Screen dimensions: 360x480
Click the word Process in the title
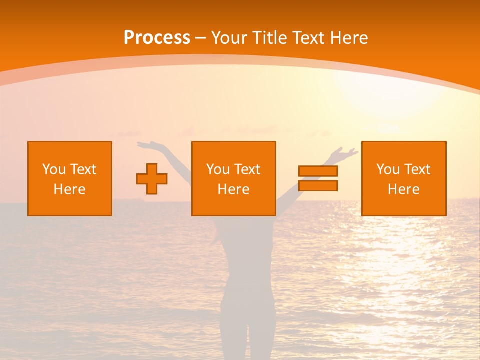(x=157, y=38)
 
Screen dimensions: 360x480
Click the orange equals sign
(x=318, y=178)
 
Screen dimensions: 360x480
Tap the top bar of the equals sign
(x=318, y=171)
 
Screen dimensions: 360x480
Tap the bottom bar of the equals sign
(x=318, y=185)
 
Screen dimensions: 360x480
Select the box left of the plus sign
(x=70, y=178)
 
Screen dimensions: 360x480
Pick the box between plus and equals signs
(x=234, y=178)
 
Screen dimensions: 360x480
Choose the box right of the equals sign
(x=404, y=178)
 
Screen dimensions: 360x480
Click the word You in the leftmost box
(x=54, y=169)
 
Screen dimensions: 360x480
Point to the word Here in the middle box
(x=234, y=189)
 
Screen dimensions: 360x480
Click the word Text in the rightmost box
(x=417, y=169)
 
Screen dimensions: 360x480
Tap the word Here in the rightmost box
(x=404, y=189)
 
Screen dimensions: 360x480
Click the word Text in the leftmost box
(x=83, y=169)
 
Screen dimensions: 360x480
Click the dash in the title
(x=200, y=38)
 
